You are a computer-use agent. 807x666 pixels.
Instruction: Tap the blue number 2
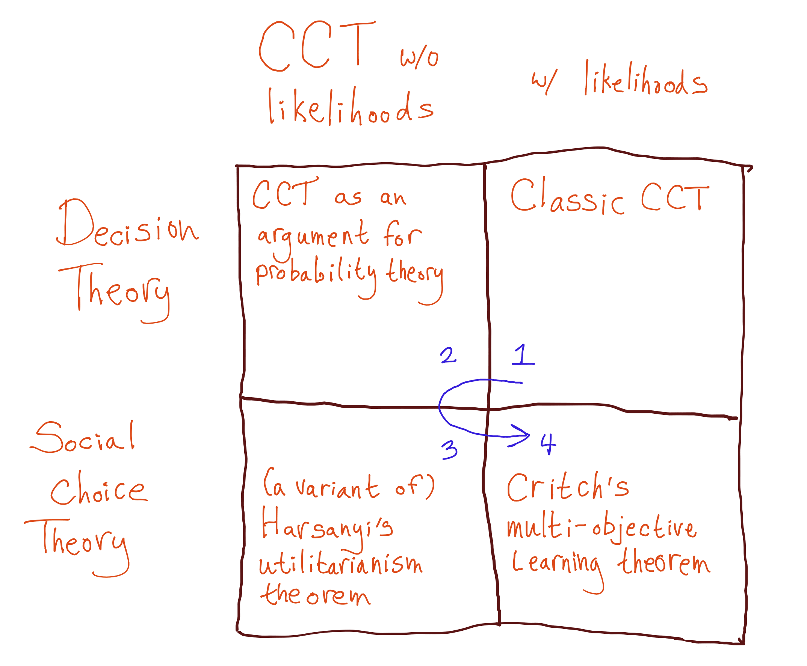(x=448, y=355)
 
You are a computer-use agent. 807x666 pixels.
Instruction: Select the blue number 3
(x=450, y=449)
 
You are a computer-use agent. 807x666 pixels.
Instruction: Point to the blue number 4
(x=548, y=444)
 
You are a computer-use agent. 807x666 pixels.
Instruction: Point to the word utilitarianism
(x=340, y=564)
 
